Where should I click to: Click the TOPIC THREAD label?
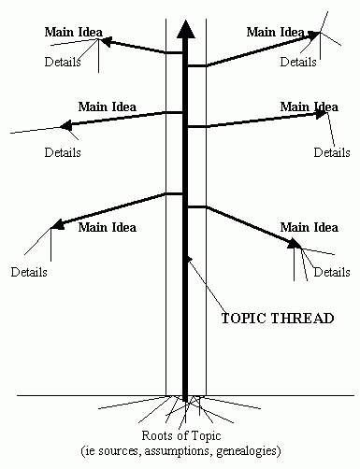coord(277,318)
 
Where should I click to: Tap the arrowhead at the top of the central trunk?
coord(186,28)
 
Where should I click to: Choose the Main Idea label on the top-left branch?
coord(72,33)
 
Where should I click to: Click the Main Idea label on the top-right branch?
coord(276,32)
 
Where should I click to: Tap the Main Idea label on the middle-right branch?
coord(309,107)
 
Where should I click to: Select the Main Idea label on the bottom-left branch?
coord(107,227)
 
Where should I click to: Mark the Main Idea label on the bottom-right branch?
coord(310,227)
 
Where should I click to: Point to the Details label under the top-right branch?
coord(298,63)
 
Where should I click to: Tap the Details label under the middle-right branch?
coord(332,151)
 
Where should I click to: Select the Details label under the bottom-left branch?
coord(29,273)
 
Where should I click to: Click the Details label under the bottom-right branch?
coord(332,272)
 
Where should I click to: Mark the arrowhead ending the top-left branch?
coord(106,41)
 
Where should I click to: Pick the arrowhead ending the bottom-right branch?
coord(295,244)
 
